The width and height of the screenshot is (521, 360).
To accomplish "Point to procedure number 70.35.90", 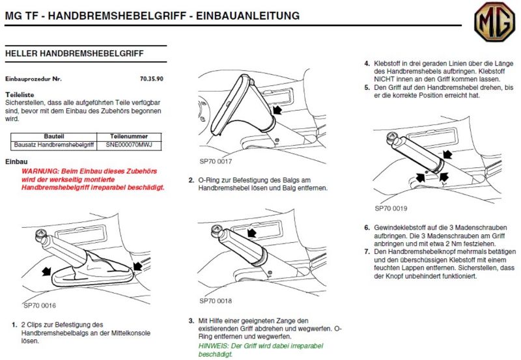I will (x=151, y=78).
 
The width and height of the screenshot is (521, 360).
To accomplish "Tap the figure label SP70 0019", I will (x=391, y=209).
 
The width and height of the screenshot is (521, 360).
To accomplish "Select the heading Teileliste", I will (x=20, y=94).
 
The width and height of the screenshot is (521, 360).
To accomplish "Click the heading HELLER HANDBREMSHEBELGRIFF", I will (x=74, y=53).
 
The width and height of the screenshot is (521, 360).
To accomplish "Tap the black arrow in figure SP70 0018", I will (x=251, y=230).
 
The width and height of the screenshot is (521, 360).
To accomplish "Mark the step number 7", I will (x=367, y=251).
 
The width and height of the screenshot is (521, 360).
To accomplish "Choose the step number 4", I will (x=367, y=64).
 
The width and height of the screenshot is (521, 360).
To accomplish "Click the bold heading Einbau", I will (x=16, y=161).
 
